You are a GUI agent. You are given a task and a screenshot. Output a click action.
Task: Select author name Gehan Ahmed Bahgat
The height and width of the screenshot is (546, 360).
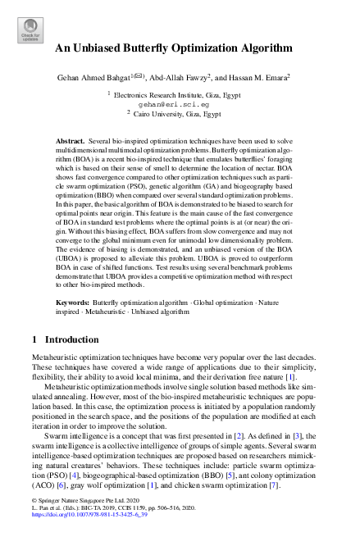pyautogui.click(x=92, y=78)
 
